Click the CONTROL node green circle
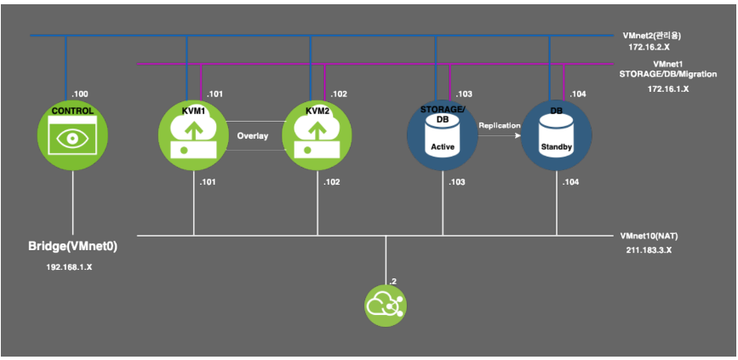pos(72,134)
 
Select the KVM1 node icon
pos(192,134)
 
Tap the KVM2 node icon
pos(316,134)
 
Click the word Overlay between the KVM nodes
pos(253,134)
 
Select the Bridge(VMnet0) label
pos(72,246)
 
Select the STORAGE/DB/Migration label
pos(668,74)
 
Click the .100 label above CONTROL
pos(79,92)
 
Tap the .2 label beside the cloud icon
pos(392,280)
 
